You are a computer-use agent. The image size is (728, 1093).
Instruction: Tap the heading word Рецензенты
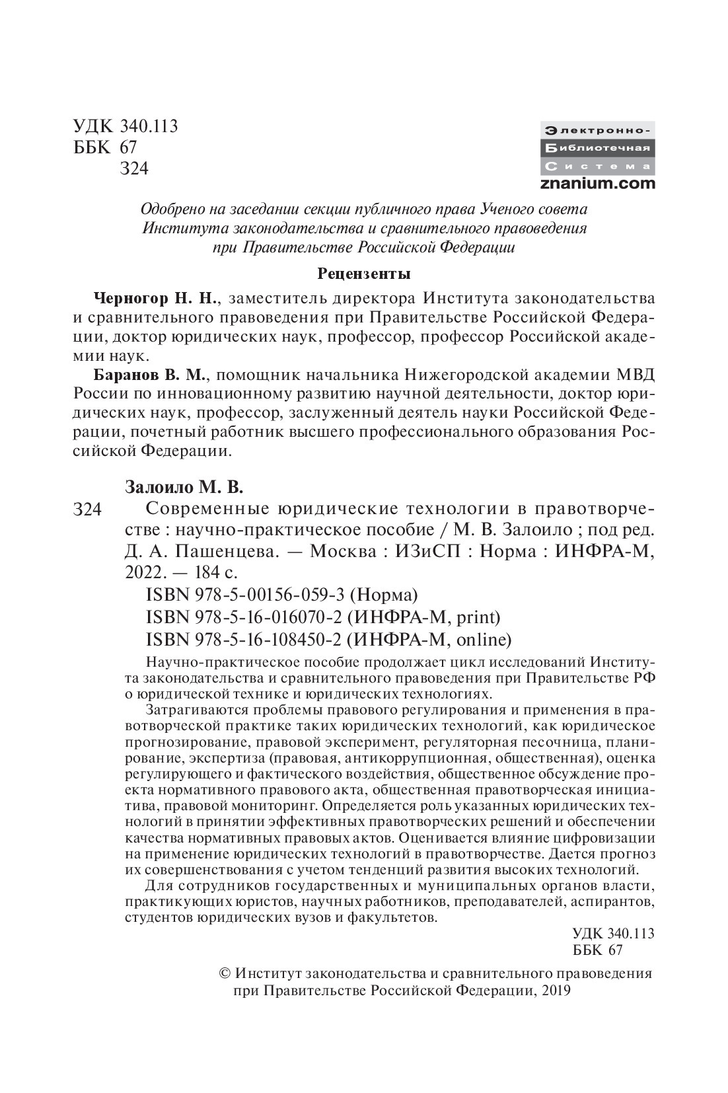click(x=364, y=273)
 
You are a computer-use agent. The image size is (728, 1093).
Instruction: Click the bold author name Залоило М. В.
click(x=184, y=488)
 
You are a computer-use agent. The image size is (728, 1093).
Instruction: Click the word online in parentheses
click(x=484, y=640)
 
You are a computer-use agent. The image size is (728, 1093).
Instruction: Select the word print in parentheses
click(x=476, y=617)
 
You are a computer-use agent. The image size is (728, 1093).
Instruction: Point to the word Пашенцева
click(x=237, y=550)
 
